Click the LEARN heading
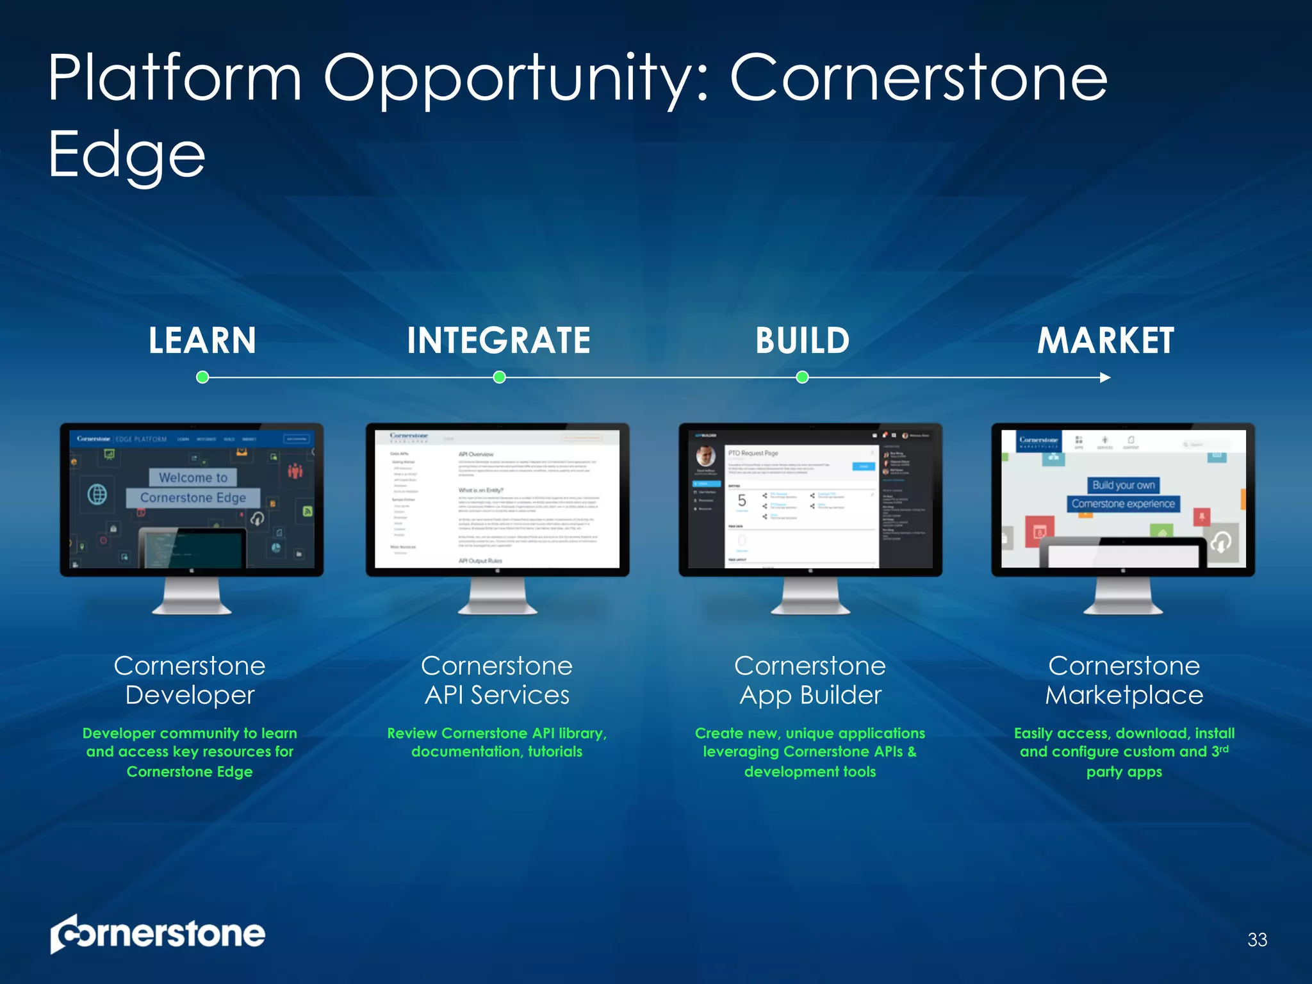point(202,340)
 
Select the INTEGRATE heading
point(498,340)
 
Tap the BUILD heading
point(802,340)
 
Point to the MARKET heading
point(1106,340)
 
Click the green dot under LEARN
point(202,377)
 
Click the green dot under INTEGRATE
point(500,377)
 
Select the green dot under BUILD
point(802,377)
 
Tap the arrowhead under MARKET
point(1105,377)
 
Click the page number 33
point(1257,940)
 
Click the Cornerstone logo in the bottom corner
point(158,934)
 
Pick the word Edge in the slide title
point(127,154)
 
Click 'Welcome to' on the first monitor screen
point(193,477)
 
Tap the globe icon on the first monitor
point(97,495)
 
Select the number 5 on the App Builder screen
point(742,500)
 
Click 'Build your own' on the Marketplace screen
point(1124,485)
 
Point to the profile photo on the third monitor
point(705,456)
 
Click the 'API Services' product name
point(497,695)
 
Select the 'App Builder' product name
point(810,695)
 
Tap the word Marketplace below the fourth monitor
point(1124,695)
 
